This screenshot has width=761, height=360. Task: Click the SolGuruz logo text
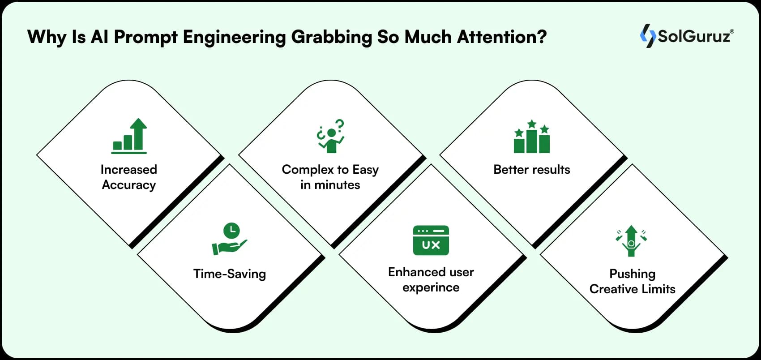click(x=695, y=36)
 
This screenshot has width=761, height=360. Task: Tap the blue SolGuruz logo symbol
click(x=648, y=36)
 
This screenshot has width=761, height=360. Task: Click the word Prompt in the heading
click(x=146, y=37)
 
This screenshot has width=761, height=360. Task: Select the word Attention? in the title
click(x=502, y=37)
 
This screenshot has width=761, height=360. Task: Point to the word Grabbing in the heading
click(x=331, y=37)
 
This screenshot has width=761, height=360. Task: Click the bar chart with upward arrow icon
click(x=129, y=136)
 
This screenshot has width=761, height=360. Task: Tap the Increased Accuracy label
click(x=129, y=177)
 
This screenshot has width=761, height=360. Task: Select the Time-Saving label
click(x=229, y=274)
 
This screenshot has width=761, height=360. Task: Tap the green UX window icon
click(x=431, y=240)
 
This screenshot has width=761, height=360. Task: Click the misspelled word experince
click(x=431, y=287)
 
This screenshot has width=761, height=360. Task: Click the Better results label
click(x=531, y=170)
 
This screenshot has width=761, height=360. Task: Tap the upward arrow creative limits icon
click(x=631, y=241)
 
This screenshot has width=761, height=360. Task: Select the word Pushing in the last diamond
click(x=632, y=274)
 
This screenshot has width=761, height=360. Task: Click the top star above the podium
click(x=531, y=123)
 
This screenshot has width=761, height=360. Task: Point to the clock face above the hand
click(x=231, y=231)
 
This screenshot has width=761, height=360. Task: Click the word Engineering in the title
click(x=234, y=37)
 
